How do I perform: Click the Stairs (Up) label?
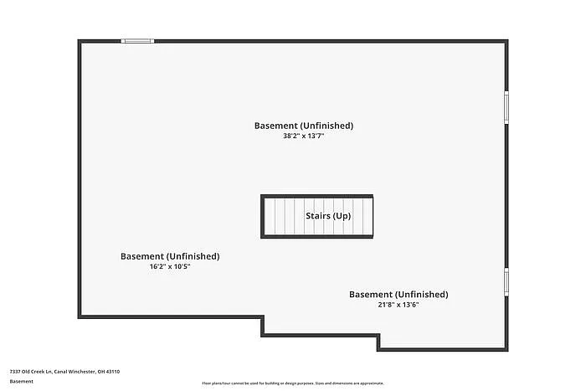(x=327, y=216)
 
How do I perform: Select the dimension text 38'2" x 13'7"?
(x=303, y=136)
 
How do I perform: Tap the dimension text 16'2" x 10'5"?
(x=170, y=266)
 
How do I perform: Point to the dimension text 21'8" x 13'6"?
(x=398, y=305)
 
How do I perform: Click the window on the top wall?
(x=137, y=40)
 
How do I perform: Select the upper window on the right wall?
(x=506, y=106)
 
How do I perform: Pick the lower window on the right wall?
(x=506, y=281)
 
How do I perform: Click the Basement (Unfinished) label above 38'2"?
(x=303, y=126)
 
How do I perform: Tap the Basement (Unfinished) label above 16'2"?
(x=170, y=256)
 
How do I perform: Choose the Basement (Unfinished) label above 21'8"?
(x=398, y=295)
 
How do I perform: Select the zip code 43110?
(x=114, y=371)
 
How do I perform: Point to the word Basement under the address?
(x=22, y=381)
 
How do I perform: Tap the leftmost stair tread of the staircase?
(x=270, y=216)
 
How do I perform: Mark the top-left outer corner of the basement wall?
(x=80, y=40)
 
